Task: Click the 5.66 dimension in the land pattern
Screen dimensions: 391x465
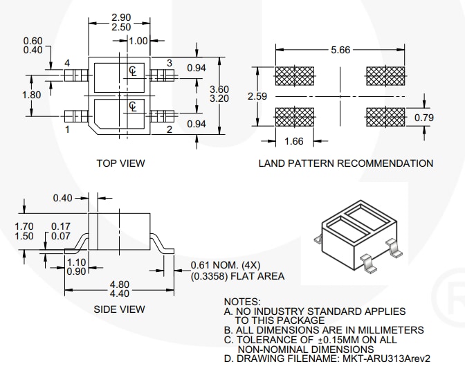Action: point(341,51)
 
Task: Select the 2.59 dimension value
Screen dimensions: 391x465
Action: point(257,96)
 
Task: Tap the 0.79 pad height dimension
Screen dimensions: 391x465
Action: point(423,118)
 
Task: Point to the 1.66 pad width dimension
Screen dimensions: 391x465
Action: point(295,142)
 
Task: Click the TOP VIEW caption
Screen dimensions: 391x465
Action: point(120,163)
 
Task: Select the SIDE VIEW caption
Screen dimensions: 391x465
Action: point(119,309)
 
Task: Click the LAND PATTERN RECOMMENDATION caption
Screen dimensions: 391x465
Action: point(345,163)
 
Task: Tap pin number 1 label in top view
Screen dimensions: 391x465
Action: point(68,129)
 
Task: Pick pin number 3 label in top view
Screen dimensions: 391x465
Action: point(169,64)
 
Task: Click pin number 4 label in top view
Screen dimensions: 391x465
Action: point(68,64)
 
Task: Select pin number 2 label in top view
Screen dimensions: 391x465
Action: point(169,129)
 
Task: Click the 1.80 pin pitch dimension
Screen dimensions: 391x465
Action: point(32,95)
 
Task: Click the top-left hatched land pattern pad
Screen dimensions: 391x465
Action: point(295,75)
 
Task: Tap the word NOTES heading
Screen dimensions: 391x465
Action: point(242,302)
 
